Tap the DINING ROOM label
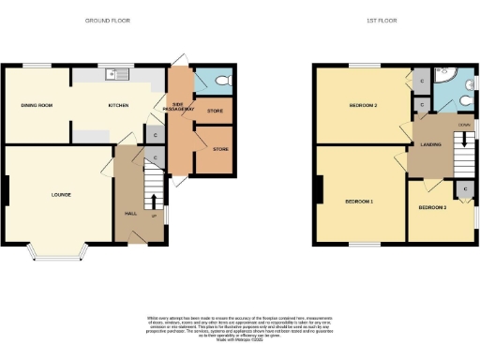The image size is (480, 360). [x=37, y=105]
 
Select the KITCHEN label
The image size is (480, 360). [x=118, y=105]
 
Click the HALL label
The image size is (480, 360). [x=131, y=214]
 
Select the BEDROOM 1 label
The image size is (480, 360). [x=358, y=202]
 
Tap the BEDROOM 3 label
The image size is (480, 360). [x=432, y=206]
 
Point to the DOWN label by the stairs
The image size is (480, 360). [x=463, y=124]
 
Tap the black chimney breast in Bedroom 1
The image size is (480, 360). [x=320, y=193]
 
